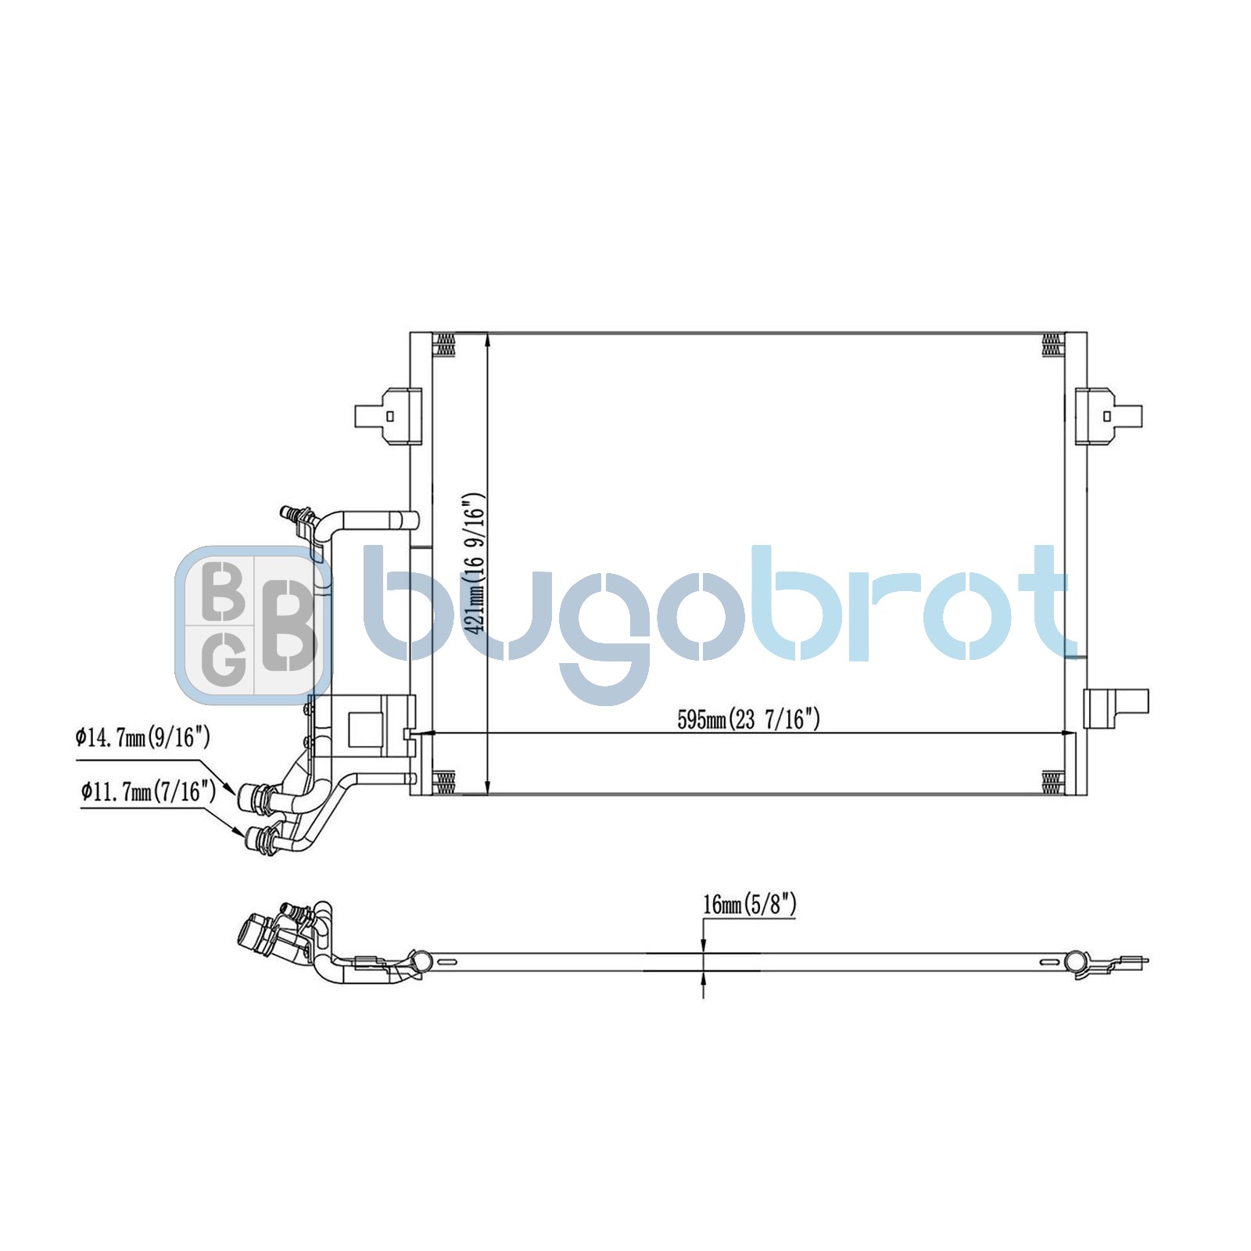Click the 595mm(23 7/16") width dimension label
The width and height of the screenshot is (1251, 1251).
(748, 719)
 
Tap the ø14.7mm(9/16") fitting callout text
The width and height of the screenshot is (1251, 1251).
(143, 737)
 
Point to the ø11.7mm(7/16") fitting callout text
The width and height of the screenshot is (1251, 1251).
(148, 792)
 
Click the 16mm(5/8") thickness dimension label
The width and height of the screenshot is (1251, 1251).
(749, 905)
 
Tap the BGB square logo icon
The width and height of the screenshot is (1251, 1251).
(252, 622)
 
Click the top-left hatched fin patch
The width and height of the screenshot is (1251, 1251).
(443, 345)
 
